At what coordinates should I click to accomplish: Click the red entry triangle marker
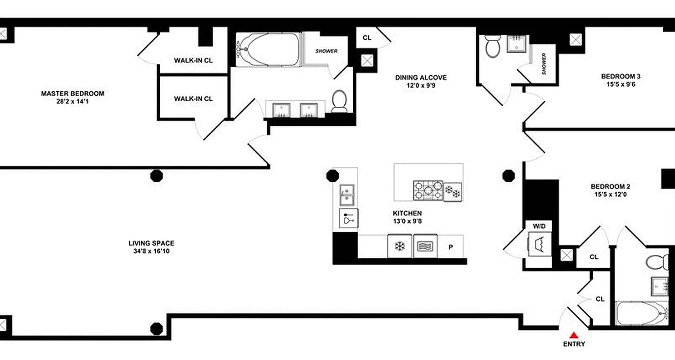(574, 335)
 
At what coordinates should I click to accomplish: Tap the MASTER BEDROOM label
(72, 94)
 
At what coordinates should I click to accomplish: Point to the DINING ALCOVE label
(421, 77)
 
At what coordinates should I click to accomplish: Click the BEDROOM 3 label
(621, 76)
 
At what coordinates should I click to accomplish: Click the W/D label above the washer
(539, 225)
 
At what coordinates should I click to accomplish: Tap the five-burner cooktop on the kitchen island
(428, 190)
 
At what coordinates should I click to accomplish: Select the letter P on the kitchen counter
(450, 247)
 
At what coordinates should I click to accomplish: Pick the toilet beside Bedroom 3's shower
(493, 47)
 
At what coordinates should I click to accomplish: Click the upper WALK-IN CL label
(193, 60)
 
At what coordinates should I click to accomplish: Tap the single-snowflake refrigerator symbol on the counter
(399, 246)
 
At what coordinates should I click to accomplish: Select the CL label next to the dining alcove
(367, 38)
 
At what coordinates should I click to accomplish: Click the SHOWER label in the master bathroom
(326, 51)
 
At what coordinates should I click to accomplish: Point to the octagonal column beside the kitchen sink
(332, 175)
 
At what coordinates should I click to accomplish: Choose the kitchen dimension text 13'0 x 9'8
(407, 220)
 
